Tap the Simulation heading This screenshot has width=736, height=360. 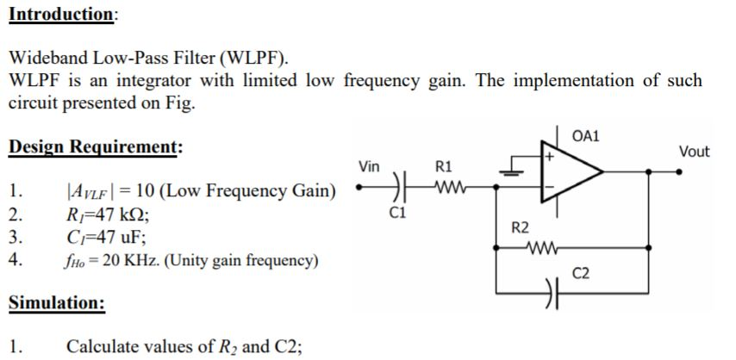coord(57,303)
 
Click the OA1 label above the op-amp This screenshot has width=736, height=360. coord(586,136)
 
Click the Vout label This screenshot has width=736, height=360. coord(694,152)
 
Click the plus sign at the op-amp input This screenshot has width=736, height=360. coord(546,158)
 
